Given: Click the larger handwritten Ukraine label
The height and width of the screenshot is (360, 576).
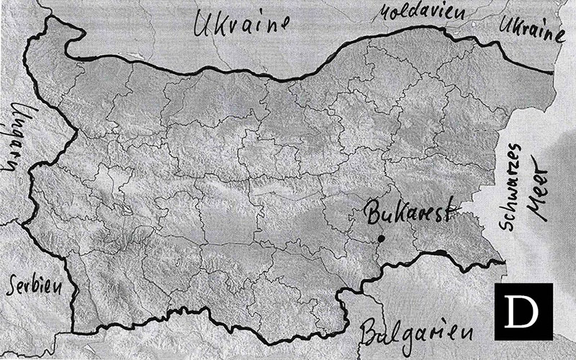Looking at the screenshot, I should tap(235, 27).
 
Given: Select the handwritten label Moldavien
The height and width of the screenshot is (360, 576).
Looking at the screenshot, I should tap(417, 12).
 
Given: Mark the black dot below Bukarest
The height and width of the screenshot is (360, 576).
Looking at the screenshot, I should tap(381, 238).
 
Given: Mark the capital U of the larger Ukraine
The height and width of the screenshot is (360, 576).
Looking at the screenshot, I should tap(200, 27).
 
